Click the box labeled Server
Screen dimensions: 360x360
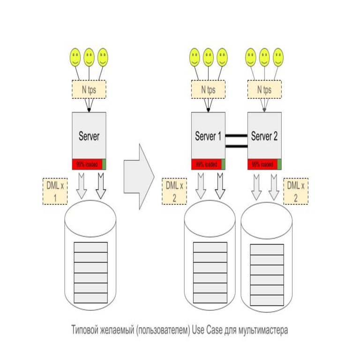(89, 135)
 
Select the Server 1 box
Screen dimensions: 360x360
(208, 135)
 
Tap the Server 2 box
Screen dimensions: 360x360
(264, 135)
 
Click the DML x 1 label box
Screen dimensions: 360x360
(55, 191)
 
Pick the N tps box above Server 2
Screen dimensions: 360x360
(264, 89)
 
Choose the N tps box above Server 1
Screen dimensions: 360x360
(208, 89)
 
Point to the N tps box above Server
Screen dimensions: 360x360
(89, 89)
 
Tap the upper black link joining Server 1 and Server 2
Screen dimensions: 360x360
(236, 136)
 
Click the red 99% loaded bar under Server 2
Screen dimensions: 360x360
(262, 165)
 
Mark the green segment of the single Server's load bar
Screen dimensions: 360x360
(104, 165)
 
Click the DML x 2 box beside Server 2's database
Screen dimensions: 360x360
(296, 191)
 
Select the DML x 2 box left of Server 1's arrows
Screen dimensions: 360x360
(174, 191)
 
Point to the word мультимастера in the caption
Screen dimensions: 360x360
(264, 330)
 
